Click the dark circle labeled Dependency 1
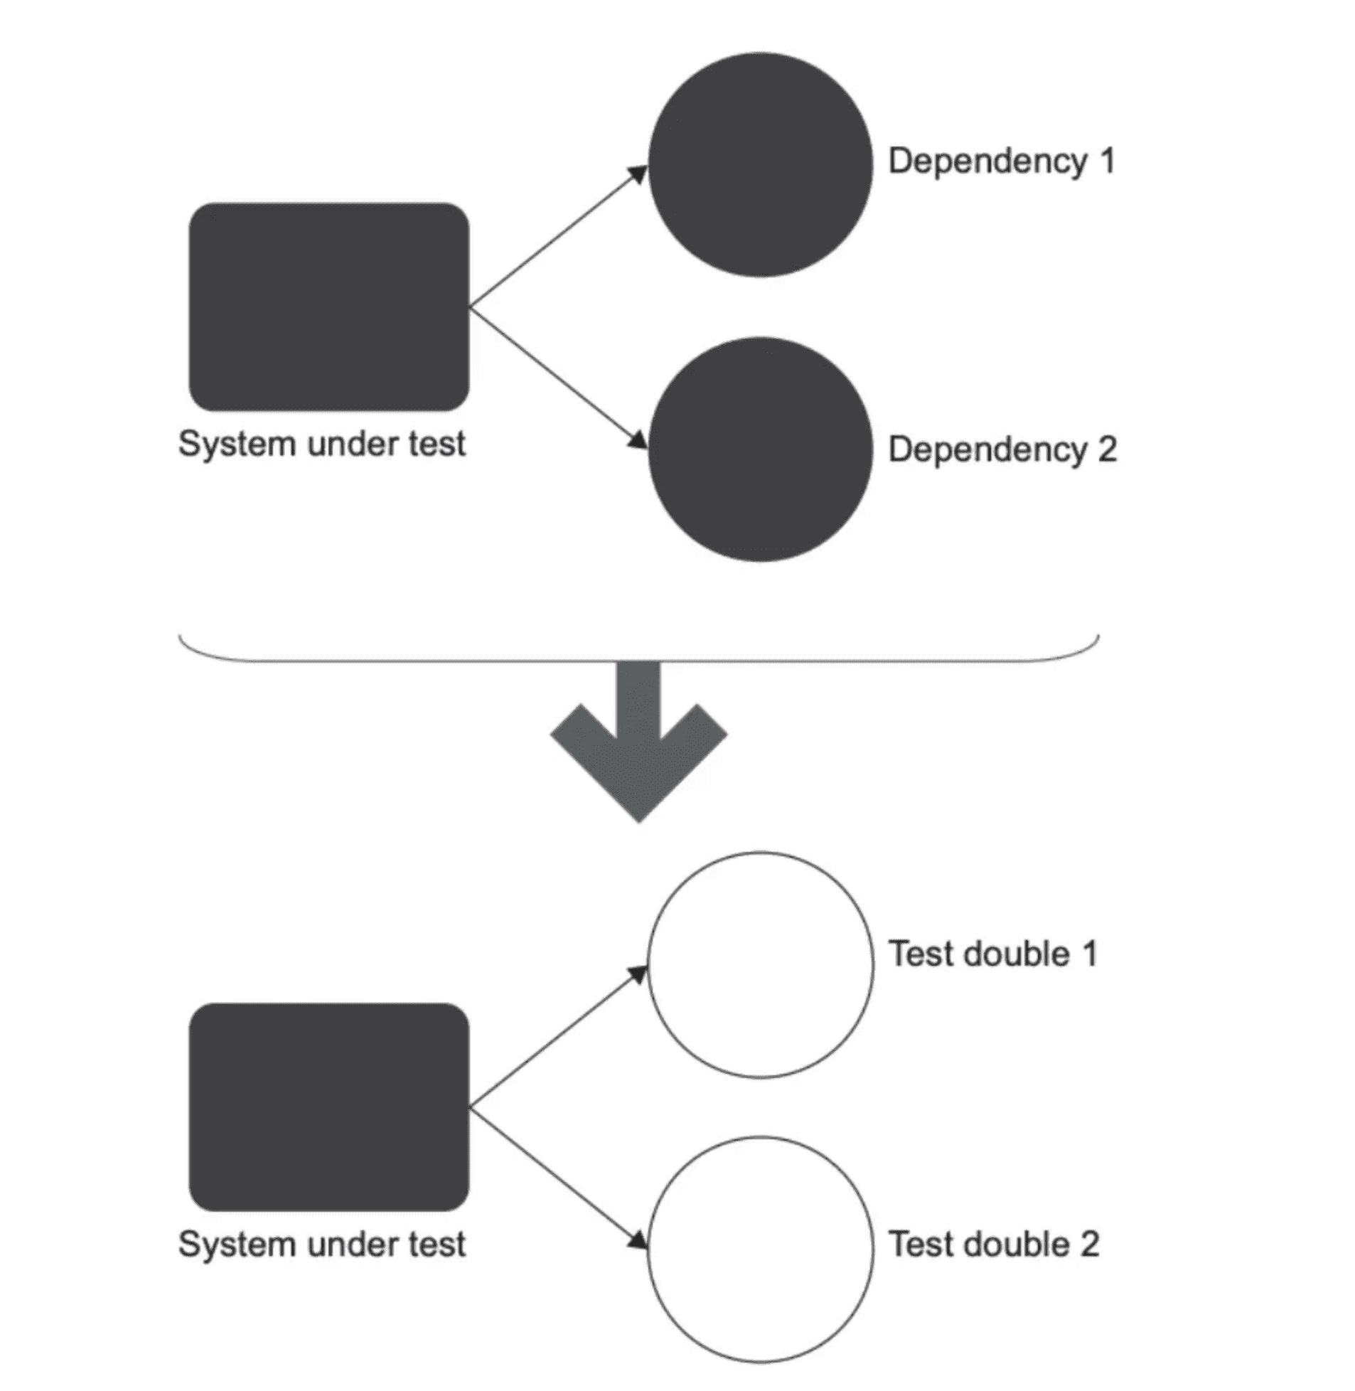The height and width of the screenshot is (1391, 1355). pyautogui.click(x=760, y=164)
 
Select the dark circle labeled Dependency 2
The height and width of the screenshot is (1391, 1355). pyautogui.click(x=760, y=449)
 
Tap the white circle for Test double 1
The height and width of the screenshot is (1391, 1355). pyautogui.click(x=760, y=964)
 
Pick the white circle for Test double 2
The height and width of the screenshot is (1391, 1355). pyautogui.click(x=760, y=1249)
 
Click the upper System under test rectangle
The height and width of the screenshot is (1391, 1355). pyautogui.click(x=328, y=307)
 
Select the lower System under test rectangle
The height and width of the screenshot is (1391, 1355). pyautogui.click(x=328, y=1107)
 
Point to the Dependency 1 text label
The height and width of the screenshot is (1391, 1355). pyautogui.click(x=1001, y=161)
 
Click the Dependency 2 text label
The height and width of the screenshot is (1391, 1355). pyautogui.click(x=1002, y=450)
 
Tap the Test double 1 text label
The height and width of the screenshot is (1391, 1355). pyautogui.click(x=992, y=954)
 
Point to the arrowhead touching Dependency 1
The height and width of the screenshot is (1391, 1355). pyautogui.click(x=638, y=174)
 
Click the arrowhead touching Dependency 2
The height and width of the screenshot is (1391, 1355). pyautogui.click(x=638, y=439)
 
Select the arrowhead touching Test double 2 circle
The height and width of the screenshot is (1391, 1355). pyautogui.click(x=638, y=1240)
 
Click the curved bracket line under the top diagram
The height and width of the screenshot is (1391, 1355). pyautogui.click(x=638, y=661)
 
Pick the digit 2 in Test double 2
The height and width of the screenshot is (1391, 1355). pyautogui.click(x=1090, y=1244)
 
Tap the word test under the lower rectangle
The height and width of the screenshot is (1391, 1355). pyautogui.click(x=437, y=1245)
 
